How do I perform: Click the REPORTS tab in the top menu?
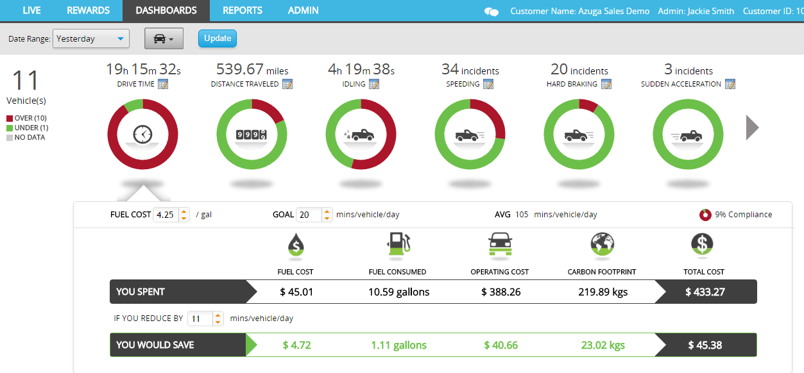(242, 10)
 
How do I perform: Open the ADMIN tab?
(303, 10)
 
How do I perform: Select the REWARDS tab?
(88, 10)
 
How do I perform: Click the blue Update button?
(218, 38)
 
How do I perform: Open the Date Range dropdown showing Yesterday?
(91, 39)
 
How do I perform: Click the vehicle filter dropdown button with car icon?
(164, 39)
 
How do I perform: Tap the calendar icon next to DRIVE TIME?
(163, 84)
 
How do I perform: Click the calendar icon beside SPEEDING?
(488, 84)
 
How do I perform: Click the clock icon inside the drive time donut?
(142, 135)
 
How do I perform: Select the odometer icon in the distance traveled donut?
(251, 135)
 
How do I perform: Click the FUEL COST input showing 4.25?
(166, 215)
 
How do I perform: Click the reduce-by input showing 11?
(198, 319)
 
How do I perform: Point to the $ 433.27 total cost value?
(705, 292)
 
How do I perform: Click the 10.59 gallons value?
(398, 292)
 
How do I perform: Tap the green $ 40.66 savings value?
(501, 345)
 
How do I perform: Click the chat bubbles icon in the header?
(492, 12)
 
